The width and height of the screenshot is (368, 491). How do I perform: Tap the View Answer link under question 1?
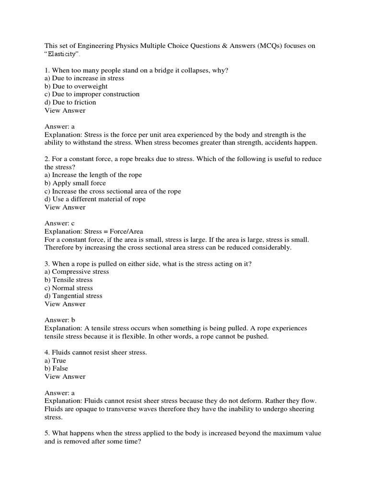pos(65,110)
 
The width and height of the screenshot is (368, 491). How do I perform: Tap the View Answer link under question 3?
pos(65,304)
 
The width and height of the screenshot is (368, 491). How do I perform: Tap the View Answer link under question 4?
pos(65,376)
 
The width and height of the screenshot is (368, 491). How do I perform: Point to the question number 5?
pos(46,433)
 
